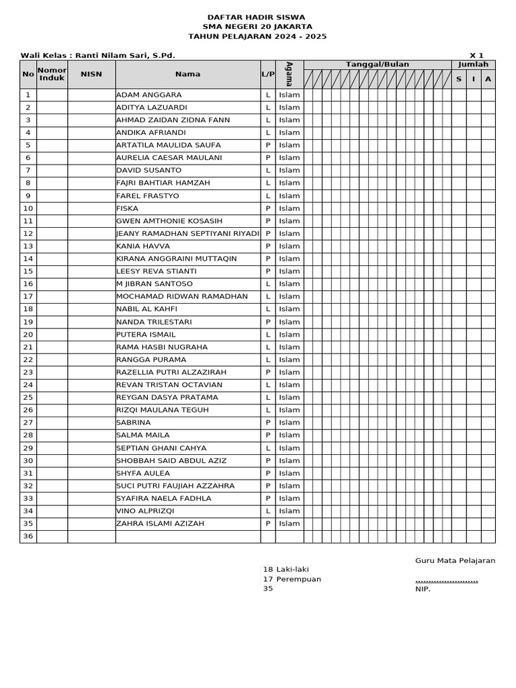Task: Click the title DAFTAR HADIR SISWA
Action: click(x=255, y=17)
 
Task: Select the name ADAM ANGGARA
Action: click(x=148, y=95)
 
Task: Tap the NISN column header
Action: click(x=91, y=74)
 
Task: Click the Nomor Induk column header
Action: click(x=52, y=74)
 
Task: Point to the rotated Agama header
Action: click(x=289, y=74)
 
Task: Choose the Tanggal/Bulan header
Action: click(x=377, y=64)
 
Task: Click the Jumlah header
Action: click(x=473, y=64)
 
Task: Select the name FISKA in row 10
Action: click(x=128, y=208)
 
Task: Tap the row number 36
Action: click(x=28, y=536)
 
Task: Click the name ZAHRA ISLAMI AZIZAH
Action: click(x=160, y=523)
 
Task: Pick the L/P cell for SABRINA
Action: click(x=267, y=423)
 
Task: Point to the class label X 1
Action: click(x=476, y=55)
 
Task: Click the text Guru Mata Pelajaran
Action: click(x=455, y=560)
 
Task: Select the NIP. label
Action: click(x=423, y=589)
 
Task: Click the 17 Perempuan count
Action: click(x=292, y=579)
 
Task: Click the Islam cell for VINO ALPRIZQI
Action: click(x=289, y=511)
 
